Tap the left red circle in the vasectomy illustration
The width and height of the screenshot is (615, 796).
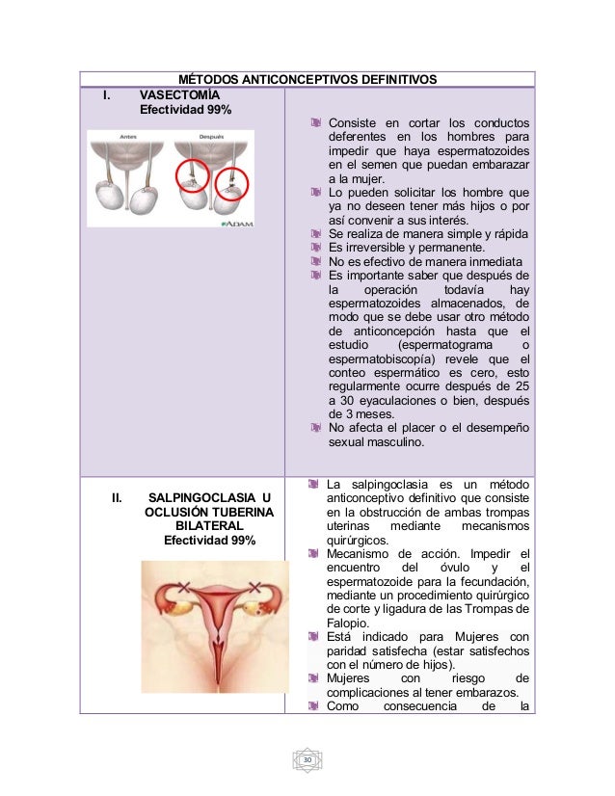(x=195, y=176)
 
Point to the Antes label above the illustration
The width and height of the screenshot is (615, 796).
(x=127, y=137)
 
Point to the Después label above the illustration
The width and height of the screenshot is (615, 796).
(x=211, y=137)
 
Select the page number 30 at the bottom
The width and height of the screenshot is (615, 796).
(x=307, y=761)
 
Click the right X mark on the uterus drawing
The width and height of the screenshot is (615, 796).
(x=254, y=586)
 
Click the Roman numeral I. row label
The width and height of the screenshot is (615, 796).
(x=109, y=95)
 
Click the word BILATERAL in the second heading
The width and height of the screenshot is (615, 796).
(x=208, y=526)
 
